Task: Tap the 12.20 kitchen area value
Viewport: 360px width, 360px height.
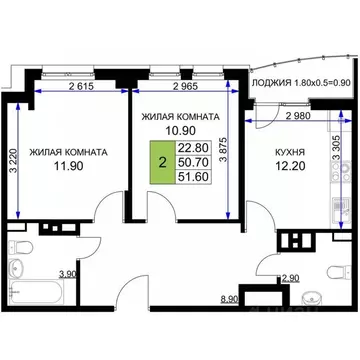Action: (291, 169)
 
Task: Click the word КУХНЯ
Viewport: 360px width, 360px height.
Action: (290, 153)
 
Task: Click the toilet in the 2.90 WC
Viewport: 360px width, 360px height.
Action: (314, 296)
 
